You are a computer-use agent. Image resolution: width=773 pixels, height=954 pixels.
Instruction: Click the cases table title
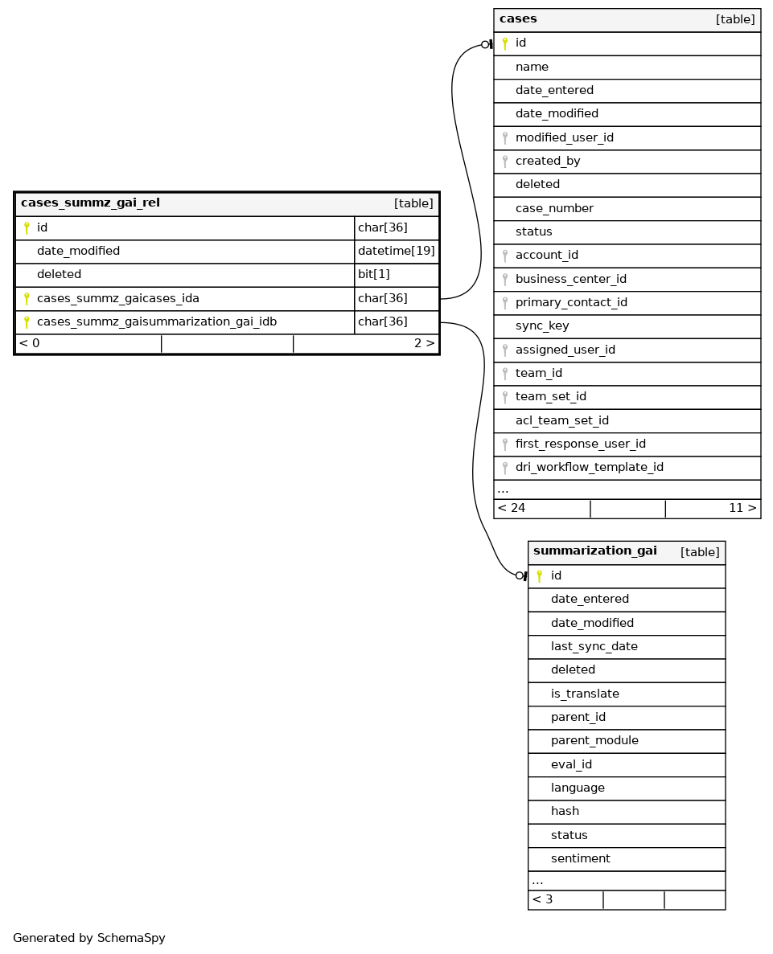(x=518, y=19)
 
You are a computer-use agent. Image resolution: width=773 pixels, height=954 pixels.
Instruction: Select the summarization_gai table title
(x=594, y=551)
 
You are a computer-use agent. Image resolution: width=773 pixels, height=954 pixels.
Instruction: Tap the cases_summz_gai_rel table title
(x=90, y=203)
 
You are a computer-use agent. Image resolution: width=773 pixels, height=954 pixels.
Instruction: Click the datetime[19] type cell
(x=396, y=252)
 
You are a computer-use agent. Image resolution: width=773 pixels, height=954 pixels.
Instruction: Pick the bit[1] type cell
(x=373, y=275)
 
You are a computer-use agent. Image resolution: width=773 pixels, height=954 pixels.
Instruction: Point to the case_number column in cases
(x=554, y=209)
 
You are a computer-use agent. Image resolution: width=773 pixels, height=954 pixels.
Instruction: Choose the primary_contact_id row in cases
(x=571, y=303)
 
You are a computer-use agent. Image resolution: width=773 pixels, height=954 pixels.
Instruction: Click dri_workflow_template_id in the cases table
(x=589, y=468)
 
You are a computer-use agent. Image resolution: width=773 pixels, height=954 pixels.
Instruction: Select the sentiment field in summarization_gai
(x=580, y=859)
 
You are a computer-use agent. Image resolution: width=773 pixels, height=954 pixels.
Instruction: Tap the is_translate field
(x=585, y=694)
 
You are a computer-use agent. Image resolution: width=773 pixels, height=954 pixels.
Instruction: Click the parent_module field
(x=594, y=741)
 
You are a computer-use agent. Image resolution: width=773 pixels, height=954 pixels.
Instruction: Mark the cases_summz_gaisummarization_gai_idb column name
(x=157, y=322)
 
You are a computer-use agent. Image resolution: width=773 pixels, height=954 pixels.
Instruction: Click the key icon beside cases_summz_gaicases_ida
(x=27, y=299)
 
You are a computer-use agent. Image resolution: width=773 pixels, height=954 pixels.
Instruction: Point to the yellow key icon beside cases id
(x=505, y=43)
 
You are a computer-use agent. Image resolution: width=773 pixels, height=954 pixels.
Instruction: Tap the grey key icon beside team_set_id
(x=505, y=397)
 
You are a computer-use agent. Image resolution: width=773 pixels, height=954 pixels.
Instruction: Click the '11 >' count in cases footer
(x=742, y=509)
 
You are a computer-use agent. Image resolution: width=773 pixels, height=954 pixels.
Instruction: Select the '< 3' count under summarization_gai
(x=542, y=900)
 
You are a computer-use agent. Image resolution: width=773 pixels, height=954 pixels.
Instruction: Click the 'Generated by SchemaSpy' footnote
(x=89, y=939)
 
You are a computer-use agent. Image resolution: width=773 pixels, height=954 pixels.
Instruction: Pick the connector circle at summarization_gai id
(x=519, y=575)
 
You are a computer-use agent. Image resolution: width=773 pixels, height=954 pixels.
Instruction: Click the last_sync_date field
(x=594, y=647)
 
